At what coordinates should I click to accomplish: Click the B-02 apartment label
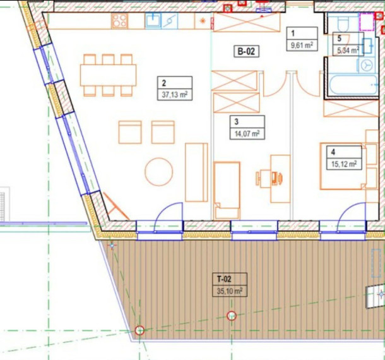246,52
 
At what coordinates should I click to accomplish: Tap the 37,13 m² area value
175,95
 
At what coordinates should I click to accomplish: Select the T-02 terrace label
224,279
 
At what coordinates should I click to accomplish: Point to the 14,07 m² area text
247,134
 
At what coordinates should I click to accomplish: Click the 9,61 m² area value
302,45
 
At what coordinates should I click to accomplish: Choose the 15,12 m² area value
344,164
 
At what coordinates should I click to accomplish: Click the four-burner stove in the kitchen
119,21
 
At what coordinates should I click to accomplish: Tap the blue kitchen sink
153,21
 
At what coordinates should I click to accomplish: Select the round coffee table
158,172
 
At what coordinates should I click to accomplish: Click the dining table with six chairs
108,75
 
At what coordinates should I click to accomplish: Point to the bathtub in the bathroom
353,85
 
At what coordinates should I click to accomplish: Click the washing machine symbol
367,65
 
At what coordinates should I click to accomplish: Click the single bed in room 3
227,190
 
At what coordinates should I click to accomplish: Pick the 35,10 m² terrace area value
230,291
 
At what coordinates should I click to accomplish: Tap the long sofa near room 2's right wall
196,172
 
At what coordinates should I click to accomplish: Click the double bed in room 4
342,166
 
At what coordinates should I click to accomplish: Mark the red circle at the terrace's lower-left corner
139,330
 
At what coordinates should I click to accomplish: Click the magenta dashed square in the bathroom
367,21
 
